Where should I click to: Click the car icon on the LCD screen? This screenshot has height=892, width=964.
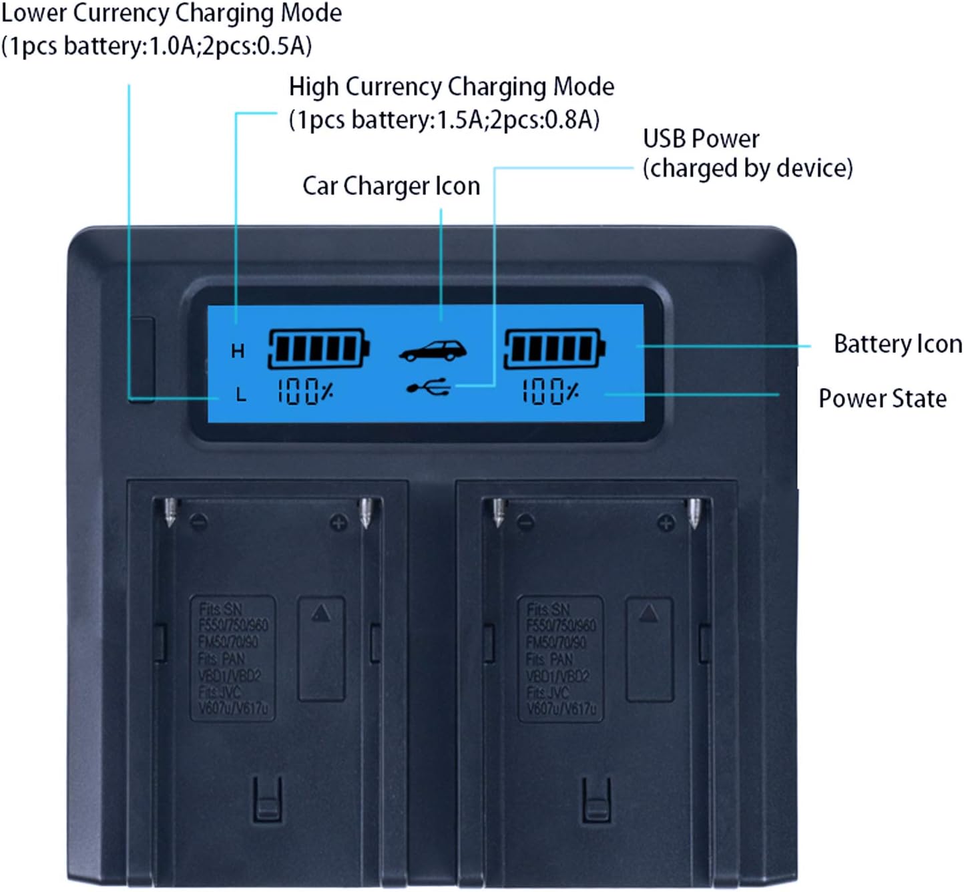433,351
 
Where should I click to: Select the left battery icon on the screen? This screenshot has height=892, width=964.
318,348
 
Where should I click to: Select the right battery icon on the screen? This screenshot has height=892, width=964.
554,348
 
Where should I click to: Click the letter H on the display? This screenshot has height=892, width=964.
238,351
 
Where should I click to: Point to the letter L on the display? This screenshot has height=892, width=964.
241,395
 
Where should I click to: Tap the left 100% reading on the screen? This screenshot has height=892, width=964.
305,391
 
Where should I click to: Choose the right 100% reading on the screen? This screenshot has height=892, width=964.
550,391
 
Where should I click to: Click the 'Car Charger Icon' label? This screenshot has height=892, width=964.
391,186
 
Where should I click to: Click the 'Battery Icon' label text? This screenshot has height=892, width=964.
897,345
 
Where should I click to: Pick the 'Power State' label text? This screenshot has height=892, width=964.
882,399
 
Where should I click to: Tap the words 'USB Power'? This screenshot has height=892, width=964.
701,139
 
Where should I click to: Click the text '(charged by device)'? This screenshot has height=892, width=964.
748,168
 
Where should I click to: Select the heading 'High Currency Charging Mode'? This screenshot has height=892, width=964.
451,87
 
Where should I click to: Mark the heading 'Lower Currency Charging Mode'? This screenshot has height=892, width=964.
172,13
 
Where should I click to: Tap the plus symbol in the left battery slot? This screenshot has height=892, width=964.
338,523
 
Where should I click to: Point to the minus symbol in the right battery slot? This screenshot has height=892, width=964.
525,521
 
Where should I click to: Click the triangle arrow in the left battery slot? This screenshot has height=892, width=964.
321,612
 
